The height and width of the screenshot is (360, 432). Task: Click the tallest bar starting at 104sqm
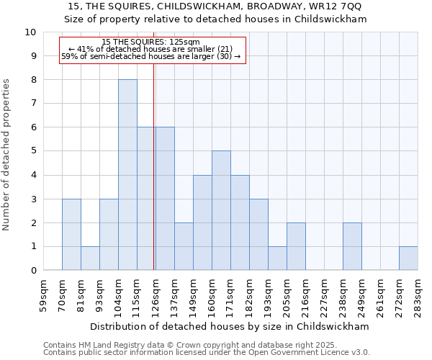pyautogui.click(x=127, y=175)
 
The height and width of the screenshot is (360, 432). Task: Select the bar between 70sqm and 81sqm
pyautogui.click(x=71, y=235)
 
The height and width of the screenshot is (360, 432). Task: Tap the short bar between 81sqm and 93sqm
pyautogui.click(x=90, y=258)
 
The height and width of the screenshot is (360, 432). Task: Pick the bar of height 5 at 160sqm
pyautogui.click(x=221, y=211)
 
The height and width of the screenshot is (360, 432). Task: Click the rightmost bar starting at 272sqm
pyautogui.click(x=408, y=258)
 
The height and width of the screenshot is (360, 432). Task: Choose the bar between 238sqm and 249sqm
pyautogui.click(x=352, y=247)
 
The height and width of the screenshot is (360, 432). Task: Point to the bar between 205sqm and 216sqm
pyautogui.click(x=296, y=247)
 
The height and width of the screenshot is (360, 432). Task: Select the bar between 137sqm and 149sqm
pyautogui.click(x=184, y=247)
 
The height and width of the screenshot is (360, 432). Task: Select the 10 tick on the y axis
pyautogui.click(x=30, y=32)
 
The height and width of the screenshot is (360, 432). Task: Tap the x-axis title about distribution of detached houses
pyautogui.click(x=230, y=326)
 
